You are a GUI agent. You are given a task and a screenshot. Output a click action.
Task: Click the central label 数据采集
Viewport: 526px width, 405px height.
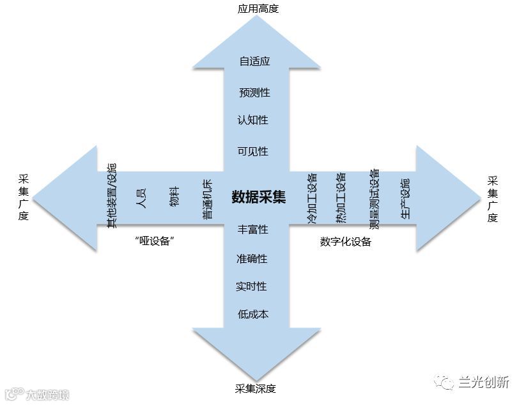pyautogui.click(x=259, y=196)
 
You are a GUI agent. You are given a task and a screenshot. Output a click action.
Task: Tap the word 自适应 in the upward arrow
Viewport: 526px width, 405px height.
pyautogui.click(x=254, y=61)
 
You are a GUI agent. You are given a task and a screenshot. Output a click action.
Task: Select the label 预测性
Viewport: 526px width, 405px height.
pyautogui.click(x=254, y=93)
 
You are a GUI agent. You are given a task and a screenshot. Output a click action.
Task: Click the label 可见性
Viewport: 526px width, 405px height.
pyautogui.click(x=252, y=152)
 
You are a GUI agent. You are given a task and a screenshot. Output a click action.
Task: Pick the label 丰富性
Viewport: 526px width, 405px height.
pyautogui.click(x=252, y=229)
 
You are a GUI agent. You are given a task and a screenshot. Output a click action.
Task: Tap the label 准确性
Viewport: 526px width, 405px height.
pyautogui.click(x=252, y=258)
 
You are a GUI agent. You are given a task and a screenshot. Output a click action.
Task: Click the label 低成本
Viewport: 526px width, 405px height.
pyautogui.click(x=252, y=315)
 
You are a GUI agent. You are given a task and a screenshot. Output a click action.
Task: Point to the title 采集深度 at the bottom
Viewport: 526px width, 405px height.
pyautogui.click(x=256, y=388)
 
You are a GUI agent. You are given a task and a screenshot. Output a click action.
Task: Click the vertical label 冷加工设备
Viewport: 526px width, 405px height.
pyautogui.click(x=312, y=198)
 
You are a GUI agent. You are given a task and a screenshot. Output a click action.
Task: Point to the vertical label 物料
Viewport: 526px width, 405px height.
pyautogui.click(x=174, y=196)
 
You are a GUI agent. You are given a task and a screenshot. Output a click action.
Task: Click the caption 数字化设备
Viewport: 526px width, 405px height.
pyautogui.click(x=345, y=242)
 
